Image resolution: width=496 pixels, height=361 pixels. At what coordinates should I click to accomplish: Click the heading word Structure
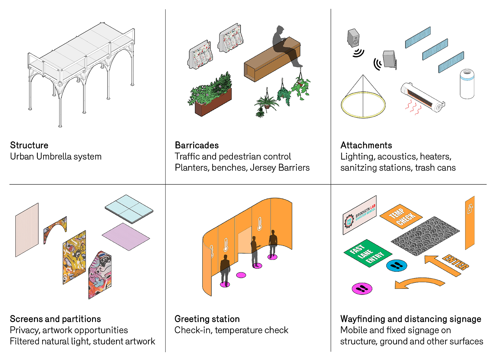pos(29,145)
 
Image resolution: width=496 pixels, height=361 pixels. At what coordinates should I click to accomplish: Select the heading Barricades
pos(197,145)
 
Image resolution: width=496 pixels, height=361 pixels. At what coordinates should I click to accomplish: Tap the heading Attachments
pos(366,145)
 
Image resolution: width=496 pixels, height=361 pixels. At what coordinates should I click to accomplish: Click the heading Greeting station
pos(207,319)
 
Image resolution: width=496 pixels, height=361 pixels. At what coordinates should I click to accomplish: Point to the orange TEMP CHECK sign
pos(401,216)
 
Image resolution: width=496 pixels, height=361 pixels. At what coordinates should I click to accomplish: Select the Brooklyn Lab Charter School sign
pos(360,215)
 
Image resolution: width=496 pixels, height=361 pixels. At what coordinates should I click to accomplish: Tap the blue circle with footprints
pos(397,266)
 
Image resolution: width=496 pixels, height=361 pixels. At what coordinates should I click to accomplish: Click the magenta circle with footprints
pos(362,289)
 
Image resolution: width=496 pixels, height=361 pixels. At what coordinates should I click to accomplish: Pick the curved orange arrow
pos(419,283)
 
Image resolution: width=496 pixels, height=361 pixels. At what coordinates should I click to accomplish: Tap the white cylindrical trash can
pos(467,84)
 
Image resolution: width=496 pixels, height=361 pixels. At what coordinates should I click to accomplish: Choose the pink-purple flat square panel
pos(126,236)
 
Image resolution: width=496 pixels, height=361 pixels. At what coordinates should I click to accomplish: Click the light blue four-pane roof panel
pos(129,209)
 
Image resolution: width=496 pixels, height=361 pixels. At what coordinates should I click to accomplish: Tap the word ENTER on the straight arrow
pos(455,262)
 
